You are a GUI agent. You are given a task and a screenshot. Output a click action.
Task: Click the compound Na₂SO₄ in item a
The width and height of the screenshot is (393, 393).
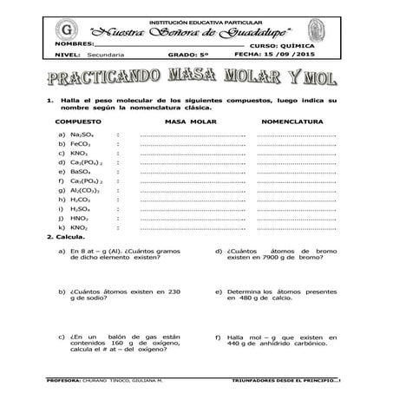pos(81,134)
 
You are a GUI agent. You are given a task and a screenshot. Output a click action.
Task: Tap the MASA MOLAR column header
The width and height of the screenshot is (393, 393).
pos(190,123)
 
